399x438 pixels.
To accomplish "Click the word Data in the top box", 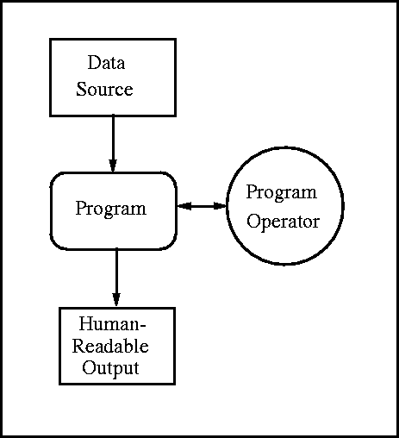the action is (x=106, y=62).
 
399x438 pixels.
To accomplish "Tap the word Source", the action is (x=104, y=89).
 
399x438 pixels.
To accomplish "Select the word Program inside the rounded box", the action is (x=111, y=209).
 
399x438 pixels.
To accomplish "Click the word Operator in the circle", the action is (x=284, y=222).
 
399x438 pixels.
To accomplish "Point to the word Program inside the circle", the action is (x=282, y=192).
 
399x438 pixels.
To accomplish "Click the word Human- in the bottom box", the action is (x=113, y=323).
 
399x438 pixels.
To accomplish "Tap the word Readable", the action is (x=110, y=346).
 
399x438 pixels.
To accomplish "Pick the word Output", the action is (x=110, y=368).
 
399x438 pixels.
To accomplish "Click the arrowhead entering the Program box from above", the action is (x=113, y=166).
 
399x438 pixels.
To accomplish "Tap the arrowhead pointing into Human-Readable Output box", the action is (x=116, y=300).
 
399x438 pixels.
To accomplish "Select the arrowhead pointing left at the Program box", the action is (x=184, y=206).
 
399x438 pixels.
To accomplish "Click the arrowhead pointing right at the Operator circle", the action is (x=220, y=206).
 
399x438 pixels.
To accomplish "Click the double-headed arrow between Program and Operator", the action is (x=202, y=206).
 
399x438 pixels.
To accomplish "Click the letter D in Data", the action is (x=94, y=62).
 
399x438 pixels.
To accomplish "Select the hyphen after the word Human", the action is (x=143, y=326).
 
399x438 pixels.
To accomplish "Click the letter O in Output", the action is (x=90, y=367).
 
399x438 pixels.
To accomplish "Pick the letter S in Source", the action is (x=81, y=89).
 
